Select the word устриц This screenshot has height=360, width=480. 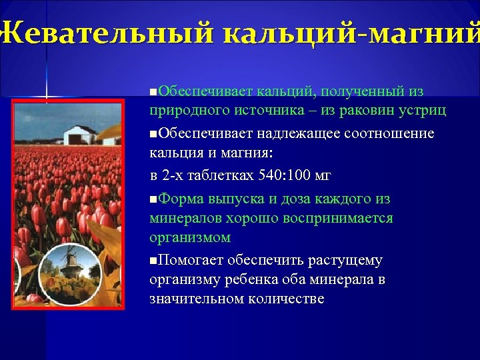pyautogui.click(x=424, y=110)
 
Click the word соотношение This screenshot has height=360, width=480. pyautogui.click(x=389, y=134)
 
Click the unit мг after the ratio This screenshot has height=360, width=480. pyautogui.click(x=321, y=176)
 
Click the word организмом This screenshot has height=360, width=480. pyautogui.click(x=190, y=237)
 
